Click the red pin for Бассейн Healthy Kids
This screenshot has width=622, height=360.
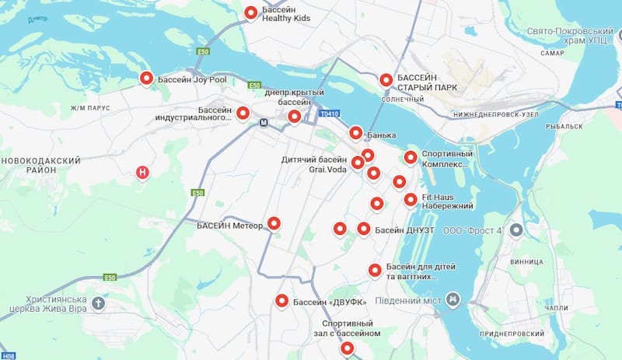click(x=251, y=12)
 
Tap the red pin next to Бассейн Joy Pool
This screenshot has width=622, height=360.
click(x=146, y=78)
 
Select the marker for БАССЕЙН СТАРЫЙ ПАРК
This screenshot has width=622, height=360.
click(x=386, y=80)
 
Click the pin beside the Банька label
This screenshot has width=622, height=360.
click(x=356, y=133)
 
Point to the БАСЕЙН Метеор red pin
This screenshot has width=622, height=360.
click(x=274, y=224)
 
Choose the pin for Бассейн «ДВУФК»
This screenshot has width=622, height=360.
click(x=282, y=302)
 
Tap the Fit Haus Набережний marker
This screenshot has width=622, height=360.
click(x=411, y=200)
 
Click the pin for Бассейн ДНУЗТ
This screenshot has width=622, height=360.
click(x=364, y=229)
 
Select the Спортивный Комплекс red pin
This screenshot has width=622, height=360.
click(x=411, y=158)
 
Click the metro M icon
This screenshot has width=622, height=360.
click(x=264, y=122)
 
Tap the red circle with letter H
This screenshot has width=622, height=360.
click(x=142, y=172)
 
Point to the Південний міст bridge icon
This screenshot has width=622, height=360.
click(x=453, y=299)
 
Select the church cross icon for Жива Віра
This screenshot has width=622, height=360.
click(x=97, y=302)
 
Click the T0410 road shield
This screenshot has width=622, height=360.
click(x=329, y=114)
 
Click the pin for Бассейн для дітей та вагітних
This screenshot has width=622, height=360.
click(x=375, y=270)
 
